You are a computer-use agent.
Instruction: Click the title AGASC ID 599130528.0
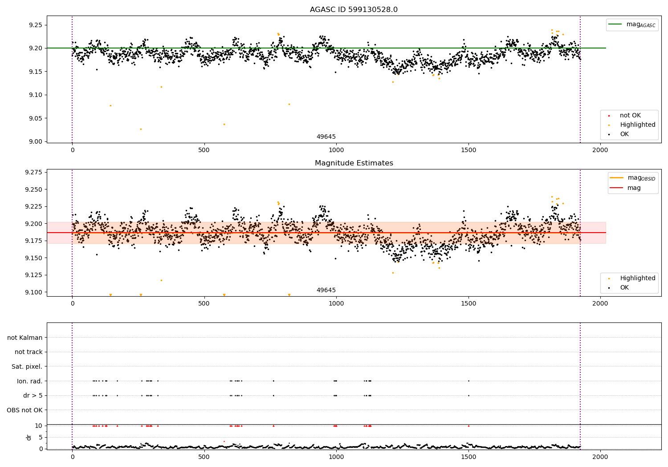point(354,10)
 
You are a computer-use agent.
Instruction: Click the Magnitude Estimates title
point(354,163)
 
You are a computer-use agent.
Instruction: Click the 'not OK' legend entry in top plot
point(630,116)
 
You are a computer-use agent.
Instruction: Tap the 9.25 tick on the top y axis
point(35,25)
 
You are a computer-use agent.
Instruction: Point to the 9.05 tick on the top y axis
point(35,118)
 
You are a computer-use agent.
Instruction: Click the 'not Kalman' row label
point(25,338)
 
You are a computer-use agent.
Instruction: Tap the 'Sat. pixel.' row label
point(27,366)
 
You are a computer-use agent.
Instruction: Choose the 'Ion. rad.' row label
point(29,381)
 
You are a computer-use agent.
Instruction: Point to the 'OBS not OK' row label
point(24,410)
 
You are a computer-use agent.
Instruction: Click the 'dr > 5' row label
point(33,395)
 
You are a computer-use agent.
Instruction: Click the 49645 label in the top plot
point(326,137)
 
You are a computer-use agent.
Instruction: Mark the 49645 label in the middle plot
point(326,290)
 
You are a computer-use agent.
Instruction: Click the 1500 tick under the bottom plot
point(468,457)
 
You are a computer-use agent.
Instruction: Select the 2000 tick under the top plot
point(600,150)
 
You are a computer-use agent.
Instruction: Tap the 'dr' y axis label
point(29,437)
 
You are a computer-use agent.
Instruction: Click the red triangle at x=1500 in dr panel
point(468,426)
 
